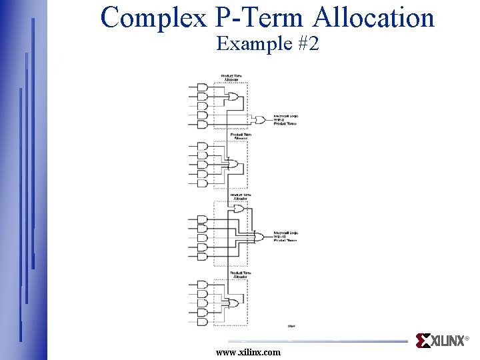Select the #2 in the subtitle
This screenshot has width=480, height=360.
point(306,44)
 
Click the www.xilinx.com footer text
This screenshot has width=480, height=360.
point(249,352)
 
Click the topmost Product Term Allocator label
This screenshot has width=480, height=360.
point(231,77)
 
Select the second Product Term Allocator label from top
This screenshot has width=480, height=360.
point(241,136)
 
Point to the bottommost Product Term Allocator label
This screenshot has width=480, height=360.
point(240,274)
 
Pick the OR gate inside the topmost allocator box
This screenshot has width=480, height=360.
point(234,97)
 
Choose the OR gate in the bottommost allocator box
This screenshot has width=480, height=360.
point(234,303)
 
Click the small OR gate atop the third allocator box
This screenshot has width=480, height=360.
point(238,209)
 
